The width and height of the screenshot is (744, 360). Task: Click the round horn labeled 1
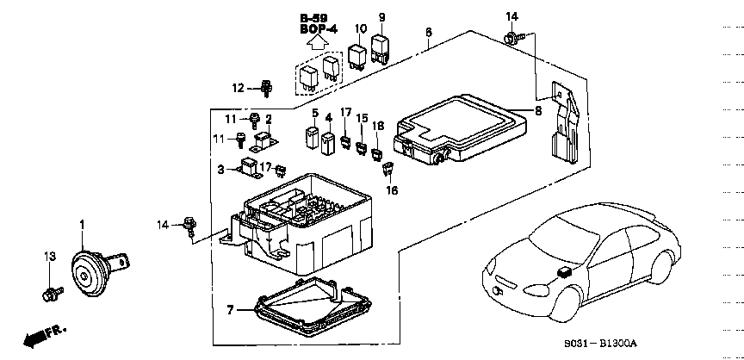[88, 272]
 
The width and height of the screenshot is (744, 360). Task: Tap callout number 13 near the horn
[49, 257]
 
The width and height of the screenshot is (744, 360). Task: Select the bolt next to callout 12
[266, 87]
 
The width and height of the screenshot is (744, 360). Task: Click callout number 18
[377, 126]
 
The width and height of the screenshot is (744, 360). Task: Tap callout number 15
[363, 118]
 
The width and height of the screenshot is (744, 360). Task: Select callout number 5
[315, 114]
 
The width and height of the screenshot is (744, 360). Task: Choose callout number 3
[220, 169]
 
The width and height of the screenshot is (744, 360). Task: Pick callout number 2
[268, 119]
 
